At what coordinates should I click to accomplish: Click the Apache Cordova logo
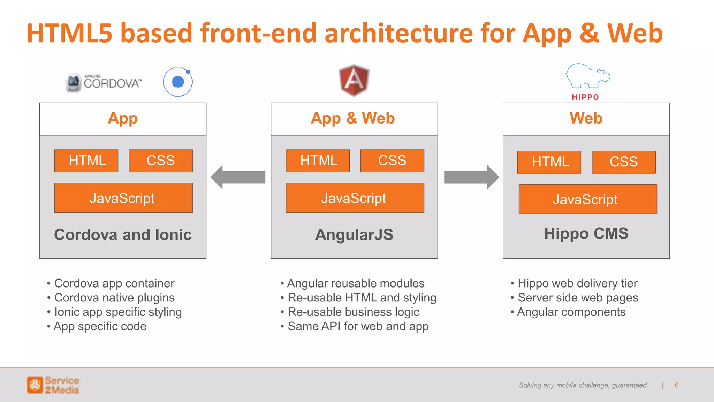coord(104,83)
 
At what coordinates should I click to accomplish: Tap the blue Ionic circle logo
coord(178,82)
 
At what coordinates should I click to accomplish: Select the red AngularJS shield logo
coord(354,80)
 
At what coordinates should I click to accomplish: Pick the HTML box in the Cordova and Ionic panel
coord(86,161)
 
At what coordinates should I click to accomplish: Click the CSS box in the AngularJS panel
coord(392,161)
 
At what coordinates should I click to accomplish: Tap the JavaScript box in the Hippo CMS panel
coord(587,199)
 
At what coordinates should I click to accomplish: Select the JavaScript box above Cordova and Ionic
coord(123,198)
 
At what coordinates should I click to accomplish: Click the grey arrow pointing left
coord(238,177)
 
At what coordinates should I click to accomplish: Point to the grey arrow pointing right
coord(471,177)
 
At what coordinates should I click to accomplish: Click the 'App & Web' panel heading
coord(353,118)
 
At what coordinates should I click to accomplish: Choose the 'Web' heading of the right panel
coord(586,118)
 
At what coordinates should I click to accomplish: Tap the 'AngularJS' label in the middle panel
coord(354,234)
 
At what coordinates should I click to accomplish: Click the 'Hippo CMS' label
coord(586,233)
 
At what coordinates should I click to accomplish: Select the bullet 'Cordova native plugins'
coord(114,298)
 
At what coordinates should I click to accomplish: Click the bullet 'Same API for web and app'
coord(358,326)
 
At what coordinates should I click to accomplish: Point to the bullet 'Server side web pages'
coord(578,298)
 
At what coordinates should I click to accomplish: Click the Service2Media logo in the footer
coord(53,385)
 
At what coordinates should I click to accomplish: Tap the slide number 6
coord(677,385)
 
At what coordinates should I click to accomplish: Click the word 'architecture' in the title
coord(398,33)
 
